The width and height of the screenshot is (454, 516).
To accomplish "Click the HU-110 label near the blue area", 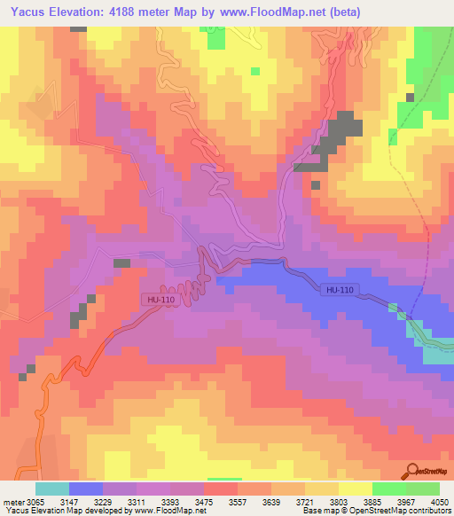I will tap(339, 290).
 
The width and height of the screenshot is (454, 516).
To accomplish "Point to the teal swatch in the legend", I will tap(51, 489).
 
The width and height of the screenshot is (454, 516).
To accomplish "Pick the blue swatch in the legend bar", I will tap(86, 489).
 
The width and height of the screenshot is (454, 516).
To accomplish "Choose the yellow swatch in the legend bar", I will tap(356, 489).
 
